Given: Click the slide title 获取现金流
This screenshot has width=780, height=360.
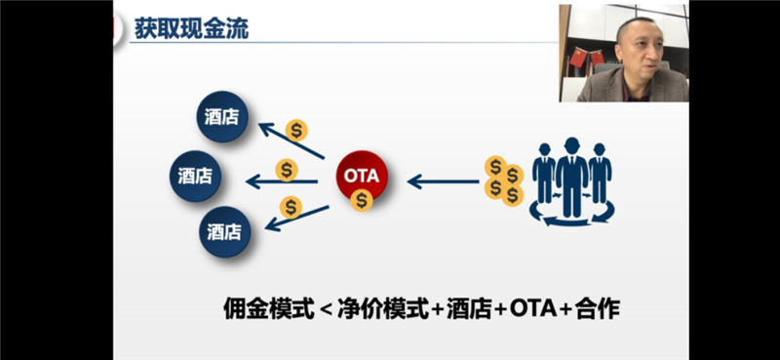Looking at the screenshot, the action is [x=191, y=30].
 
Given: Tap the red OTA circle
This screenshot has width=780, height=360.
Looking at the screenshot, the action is [x=362, y=176].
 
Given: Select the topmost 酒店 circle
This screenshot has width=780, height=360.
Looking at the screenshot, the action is [x=222, y=116].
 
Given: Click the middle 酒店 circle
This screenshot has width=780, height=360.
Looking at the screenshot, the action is [x=195, y=176].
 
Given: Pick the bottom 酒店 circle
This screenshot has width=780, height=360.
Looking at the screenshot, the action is [x=224, y=231].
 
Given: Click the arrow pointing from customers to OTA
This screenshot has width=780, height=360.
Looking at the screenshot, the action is [x=444, y=181].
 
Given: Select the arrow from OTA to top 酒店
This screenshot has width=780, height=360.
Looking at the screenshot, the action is [x=292, y=140].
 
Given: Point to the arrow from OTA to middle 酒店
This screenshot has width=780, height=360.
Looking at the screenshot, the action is [x=282, y=182].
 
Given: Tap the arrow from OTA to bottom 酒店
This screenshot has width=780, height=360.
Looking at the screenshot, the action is [x=296, y=218].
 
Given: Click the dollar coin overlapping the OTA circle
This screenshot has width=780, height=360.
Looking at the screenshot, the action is [x=362, y=200].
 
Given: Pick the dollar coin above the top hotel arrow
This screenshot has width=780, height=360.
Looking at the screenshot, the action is [x=296, y=131].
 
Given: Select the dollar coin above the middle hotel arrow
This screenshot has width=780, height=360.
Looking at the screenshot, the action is [x=287, y=170].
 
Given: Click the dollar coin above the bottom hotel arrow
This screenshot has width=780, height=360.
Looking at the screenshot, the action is [x=291, y=207].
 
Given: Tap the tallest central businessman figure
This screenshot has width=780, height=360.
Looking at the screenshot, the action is [x=571, y=177].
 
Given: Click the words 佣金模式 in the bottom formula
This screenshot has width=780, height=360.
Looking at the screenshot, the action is [x=269, y=309].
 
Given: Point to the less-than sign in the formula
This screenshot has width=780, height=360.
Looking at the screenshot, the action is [x=326, y=310].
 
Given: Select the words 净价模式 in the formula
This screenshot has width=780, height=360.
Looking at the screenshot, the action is [x=382, y=309].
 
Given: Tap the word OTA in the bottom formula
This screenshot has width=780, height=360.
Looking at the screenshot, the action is [x=532, y=309].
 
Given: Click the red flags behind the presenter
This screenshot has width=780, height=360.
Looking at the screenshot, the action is [x=587, y=58].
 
